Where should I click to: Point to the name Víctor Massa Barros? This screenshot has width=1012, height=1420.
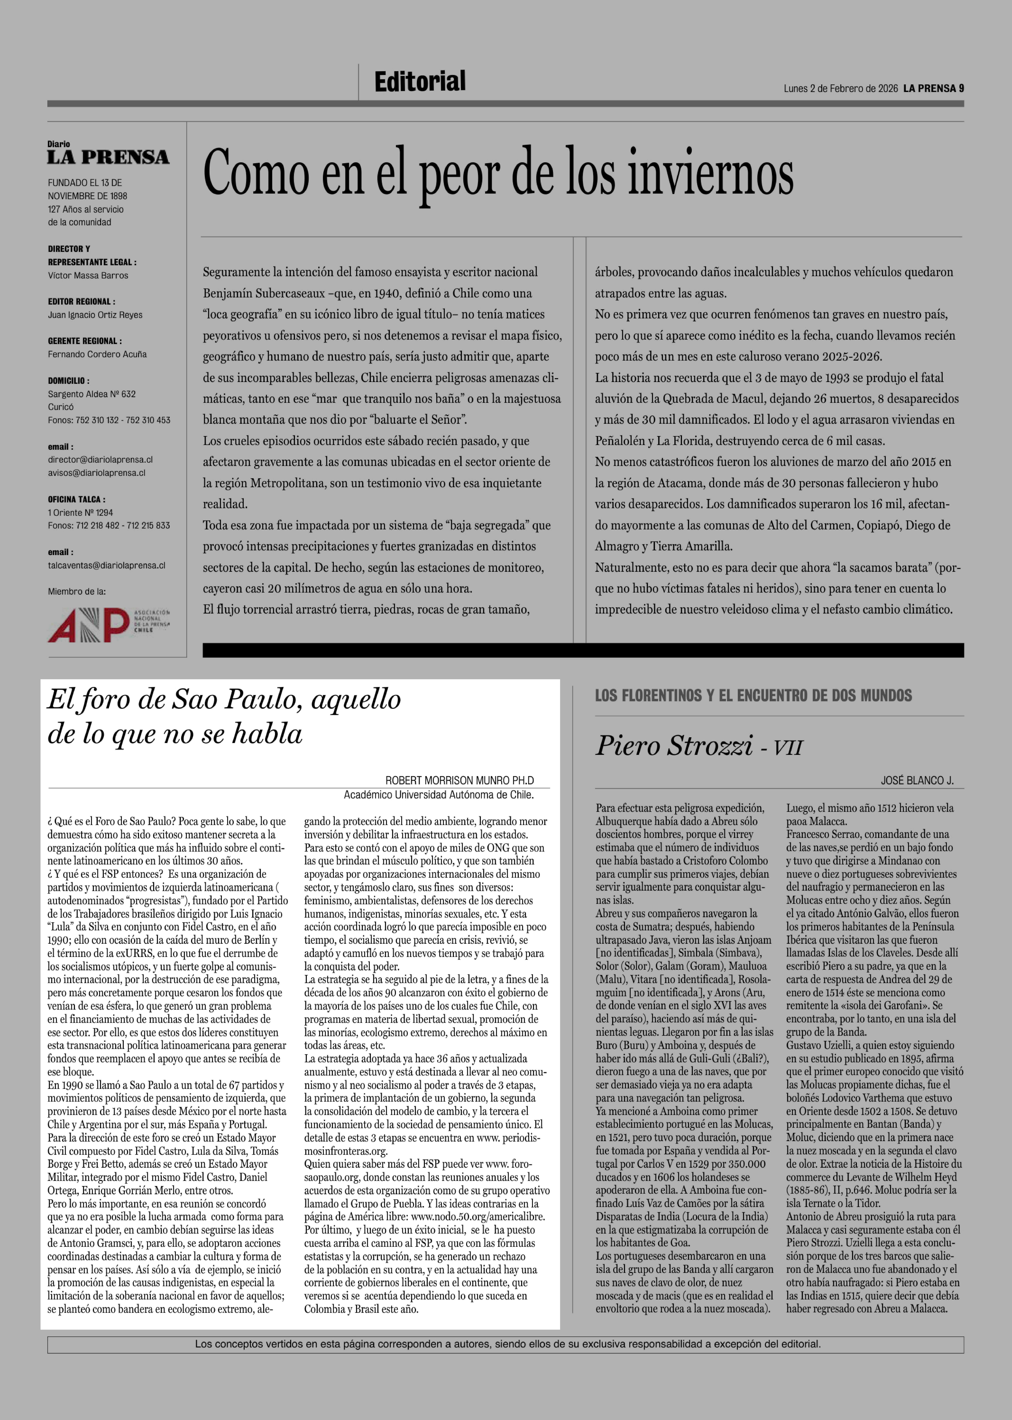[88, 276]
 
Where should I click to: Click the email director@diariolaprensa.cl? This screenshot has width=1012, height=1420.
[100, 459]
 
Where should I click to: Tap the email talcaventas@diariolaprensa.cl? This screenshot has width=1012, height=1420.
[107, 565]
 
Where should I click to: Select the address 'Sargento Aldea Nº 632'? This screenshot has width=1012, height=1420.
[92, 394]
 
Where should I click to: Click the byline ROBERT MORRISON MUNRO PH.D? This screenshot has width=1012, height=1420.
[459, 780]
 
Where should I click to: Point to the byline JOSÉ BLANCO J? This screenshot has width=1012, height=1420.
[917, 780]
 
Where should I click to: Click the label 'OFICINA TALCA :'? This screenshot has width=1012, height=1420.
[77, 499]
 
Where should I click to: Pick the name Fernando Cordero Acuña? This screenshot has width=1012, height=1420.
[97, 354]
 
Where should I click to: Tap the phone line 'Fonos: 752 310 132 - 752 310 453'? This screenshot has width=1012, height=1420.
[109, 420]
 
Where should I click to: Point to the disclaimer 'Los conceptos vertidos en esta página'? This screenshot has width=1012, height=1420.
[507, 1344]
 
